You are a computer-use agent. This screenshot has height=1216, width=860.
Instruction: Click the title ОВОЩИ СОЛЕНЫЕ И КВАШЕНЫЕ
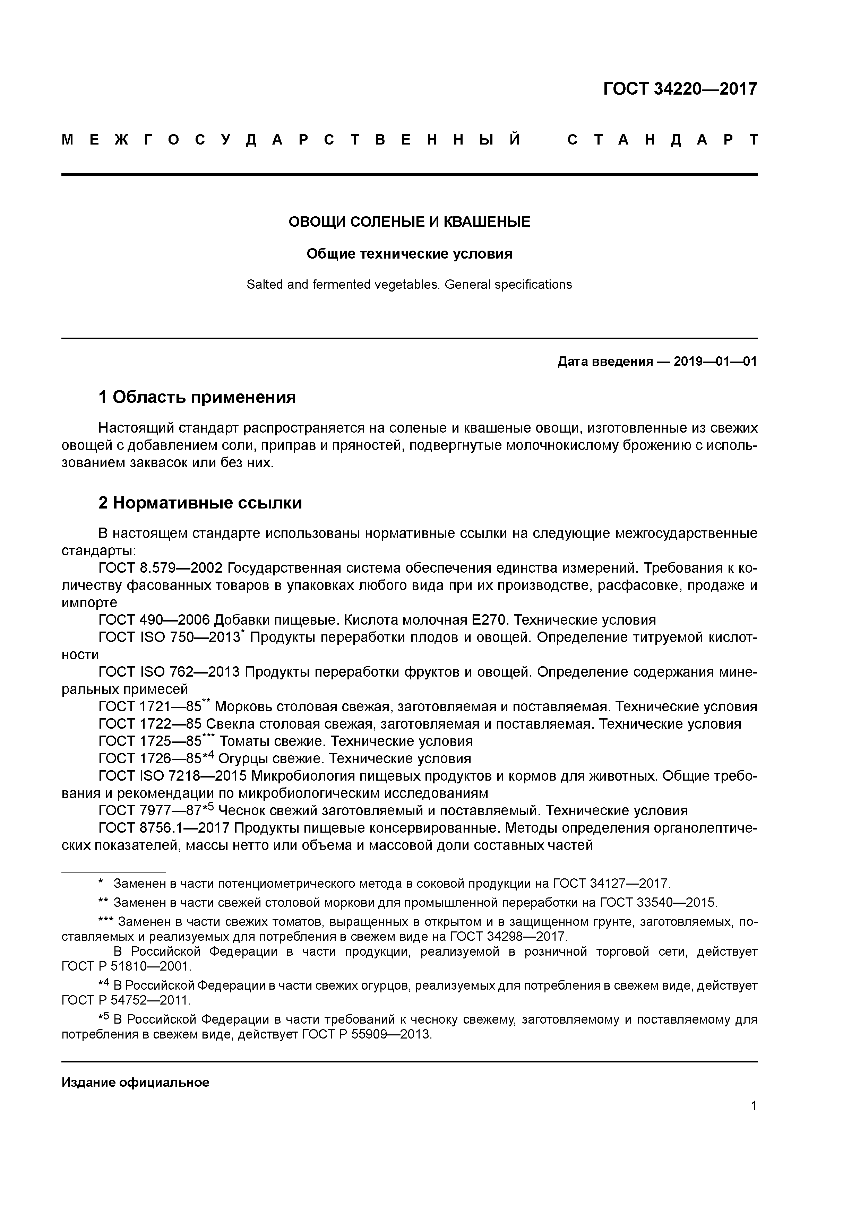[409, 222]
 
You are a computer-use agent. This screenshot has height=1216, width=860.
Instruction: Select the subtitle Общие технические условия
[409, 254]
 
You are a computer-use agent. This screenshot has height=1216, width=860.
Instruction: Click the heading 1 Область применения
[197, 397]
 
